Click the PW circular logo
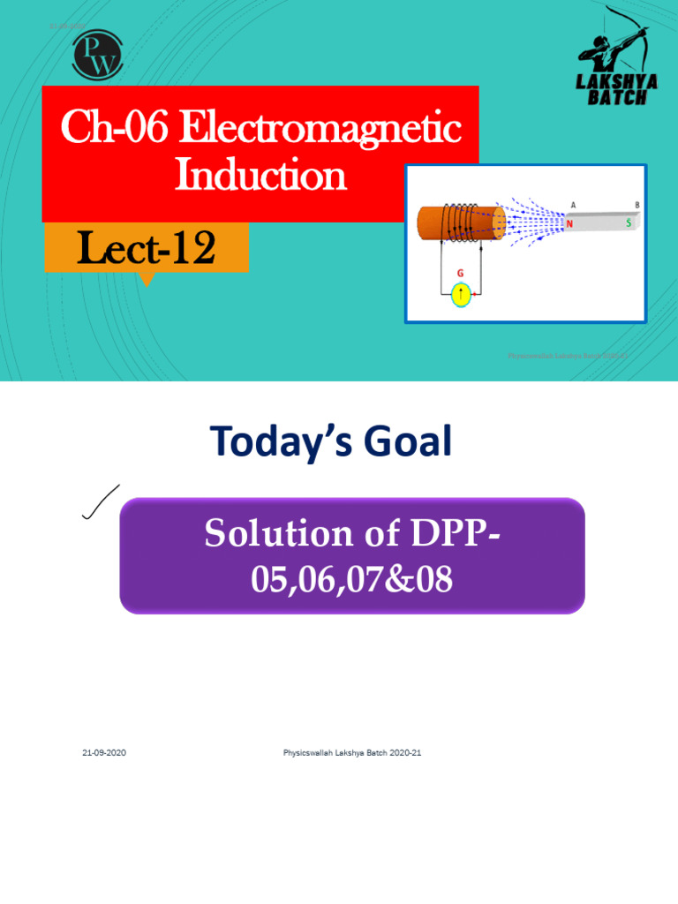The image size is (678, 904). coord(97,55)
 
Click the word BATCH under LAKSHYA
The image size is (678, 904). coord(617,96)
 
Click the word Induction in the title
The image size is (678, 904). coord(260,175)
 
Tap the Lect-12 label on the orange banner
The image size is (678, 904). coord(146,249)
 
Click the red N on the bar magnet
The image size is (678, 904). coord(570,224)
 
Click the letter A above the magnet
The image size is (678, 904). coord(573,205)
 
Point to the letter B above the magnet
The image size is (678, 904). coord(637,205)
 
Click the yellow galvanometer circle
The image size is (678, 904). coord(462,294)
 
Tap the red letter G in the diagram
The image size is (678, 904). coord(459,275)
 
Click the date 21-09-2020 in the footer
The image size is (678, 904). coord(104,752)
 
